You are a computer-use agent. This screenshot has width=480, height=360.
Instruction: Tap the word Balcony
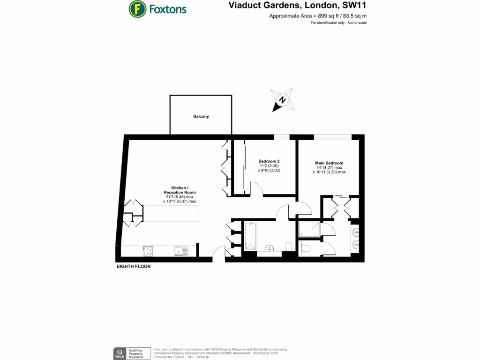tap(201, 116)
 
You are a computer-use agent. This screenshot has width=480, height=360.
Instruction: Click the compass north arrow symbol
tap(282, 100)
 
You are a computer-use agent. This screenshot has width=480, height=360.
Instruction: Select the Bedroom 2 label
tap(269, 161)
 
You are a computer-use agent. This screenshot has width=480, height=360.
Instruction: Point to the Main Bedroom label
tap(329, 163)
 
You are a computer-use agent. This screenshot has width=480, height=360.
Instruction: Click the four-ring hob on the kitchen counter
tap(148, 251)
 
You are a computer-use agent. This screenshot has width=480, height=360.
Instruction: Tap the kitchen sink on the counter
tap(180, 251)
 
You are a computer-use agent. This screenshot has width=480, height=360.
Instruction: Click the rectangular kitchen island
tap(171, 213)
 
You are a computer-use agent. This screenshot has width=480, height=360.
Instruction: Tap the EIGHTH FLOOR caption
tap(134, 266)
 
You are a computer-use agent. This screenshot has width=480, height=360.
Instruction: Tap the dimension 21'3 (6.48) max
tap(180, 197)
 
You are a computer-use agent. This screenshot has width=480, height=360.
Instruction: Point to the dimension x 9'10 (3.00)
tap(269, 171)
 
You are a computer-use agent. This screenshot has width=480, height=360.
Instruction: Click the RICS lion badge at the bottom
tap(120, 353)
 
